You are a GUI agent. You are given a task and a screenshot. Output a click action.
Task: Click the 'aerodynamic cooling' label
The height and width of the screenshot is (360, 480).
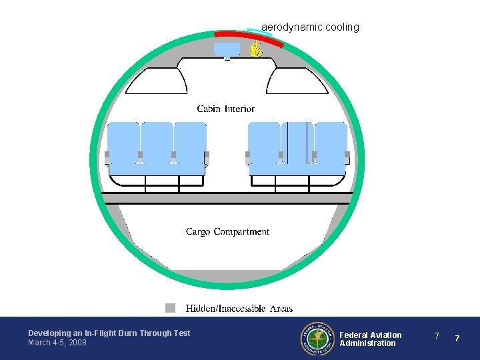[310, 27]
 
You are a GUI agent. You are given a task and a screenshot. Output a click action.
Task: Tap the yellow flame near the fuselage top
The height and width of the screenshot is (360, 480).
[255, 48]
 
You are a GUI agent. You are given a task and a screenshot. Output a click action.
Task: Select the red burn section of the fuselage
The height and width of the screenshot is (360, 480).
[248, 36]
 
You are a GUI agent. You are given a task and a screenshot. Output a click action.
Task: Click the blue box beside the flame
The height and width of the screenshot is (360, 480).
[227, 49]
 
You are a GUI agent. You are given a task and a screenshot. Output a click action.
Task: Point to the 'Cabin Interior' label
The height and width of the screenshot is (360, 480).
[225, 109]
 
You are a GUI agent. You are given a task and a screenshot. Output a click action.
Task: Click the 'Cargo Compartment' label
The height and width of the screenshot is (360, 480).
[227, 232]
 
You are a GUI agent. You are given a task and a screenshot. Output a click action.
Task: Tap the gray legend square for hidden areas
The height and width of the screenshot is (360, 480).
[171, 308]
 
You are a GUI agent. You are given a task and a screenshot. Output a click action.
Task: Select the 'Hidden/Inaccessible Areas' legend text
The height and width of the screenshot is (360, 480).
[239, 309]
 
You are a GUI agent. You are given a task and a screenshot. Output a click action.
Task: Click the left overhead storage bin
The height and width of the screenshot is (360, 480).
[157, 81]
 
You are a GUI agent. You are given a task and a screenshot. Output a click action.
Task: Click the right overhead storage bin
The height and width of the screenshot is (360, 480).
[297, 81]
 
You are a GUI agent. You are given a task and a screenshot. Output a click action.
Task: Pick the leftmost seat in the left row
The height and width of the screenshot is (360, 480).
[123, 143]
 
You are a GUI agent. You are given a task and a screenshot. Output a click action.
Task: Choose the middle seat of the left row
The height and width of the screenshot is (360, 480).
[157, 143]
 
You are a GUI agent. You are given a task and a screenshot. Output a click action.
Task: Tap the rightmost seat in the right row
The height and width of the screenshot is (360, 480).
[331, 143]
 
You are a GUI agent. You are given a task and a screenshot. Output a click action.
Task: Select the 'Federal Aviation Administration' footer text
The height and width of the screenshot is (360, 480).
[371, 339]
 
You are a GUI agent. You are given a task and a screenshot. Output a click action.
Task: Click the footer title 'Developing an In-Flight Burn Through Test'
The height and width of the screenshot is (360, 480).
[109, 333]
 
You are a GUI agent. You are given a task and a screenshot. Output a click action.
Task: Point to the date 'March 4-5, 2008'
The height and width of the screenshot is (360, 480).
[57, 343]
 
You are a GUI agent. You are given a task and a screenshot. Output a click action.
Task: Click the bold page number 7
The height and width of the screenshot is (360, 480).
[457, 339]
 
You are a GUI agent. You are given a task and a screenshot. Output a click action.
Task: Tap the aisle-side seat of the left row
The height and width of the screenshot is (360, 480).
[190, 143]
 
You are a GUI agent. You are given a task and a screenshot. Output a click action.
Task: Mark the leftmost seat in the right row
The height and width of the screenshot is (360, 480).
[264, 143]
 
